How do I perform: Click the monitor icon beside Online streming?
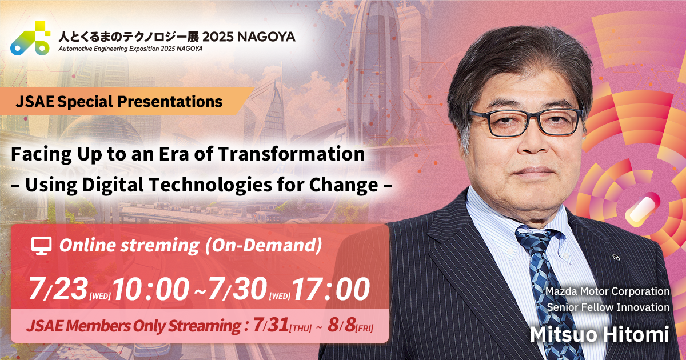click(x=41, y=246)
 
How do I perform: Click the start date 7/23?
click(x=57, y=290)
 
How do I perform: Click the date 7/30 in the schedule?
click(x=238, y=290)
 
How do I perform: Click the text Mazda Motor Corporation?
click(x=607, y=291)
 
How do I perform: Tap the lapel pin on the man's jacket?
click(x=615, y=258)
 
